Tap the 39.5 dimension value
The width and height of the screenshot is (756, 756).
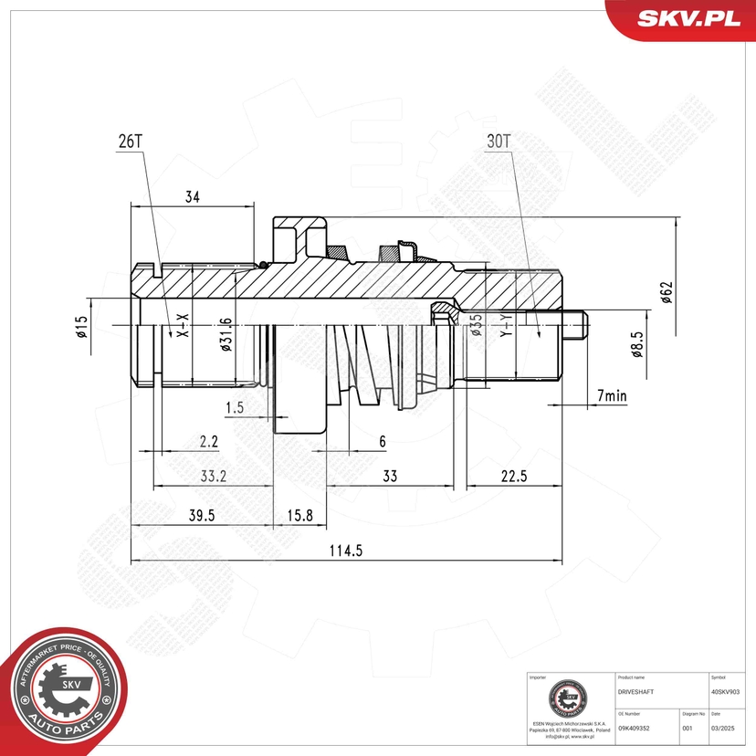pos(201,516)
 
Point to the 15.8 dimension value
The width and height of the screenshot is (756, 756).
pos(299,516)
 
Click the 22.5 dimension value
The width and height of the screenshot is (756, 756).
pos(513,476)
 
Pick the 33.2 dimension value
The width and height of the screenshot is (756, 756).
pos(213,476)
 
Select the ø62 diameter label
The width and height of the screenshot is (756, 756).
pos(667,292)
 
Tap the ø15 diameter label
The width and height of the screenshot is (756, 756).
pos(81,327)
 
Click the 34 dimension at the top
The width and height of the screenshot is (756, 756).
pos(192,196)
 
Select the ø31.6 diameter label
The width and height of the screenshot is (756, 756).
pos(226,334)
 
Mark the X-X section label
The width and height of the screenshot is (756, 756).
pos(182,326)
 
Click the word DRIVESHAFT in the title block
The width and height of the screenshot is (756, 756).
pos(635,693)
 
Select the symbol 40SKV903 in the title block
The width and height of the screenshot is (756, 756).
pos(730,693)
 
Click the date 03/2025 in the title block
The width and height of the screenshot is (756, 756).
pos(722,728)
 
